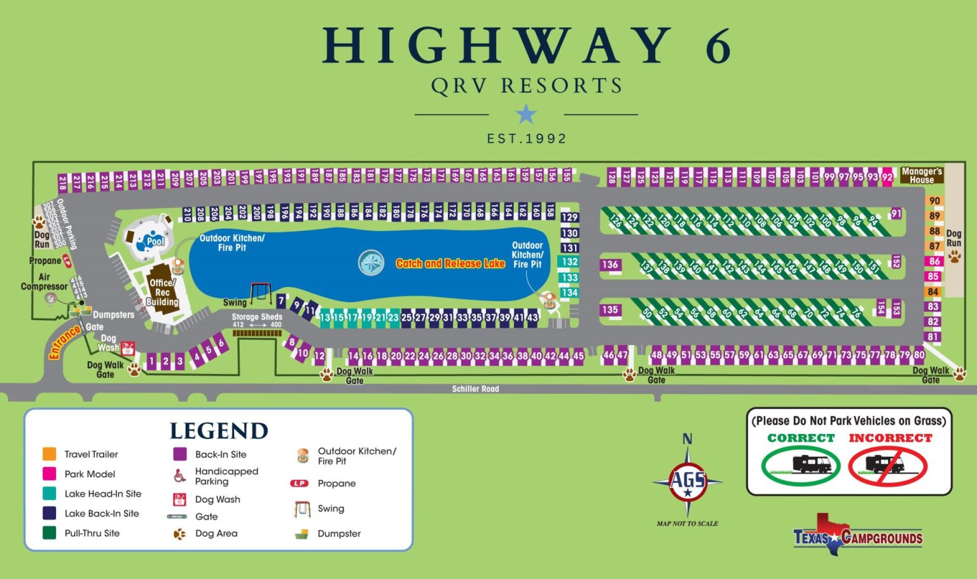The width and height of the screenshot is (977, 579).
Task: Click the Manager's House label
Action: point(921,176)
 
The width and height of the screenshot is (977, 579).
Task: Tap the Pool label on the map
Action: point(155,241)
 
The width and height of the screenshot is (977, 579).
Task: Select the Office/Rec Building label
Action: point(162,293)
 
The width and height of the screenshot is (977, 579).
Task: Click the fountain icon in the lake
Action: point(371,263)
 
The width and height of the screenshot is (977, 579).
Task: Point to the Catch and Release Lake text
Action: point(450,263)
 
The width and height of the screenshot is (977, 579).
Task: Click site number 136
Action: point(610,265)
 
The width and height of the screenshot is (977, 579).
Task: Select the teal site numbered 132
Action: point(569,262)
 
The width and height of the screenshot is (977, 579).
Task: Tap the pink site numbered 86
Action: point(933,262)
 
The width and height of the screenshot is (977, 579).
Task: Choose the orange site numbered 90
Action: point(934,201)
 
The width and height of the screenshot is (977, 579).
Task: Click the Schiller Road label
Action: point(475,389)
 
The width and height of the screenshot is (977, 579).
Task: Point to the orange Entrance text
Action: point(65,342)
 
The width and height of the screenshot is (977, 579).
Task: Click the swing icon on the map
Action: point(260,293)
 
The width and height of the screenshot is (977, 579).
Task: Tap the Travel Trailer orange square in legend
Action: point(50,454)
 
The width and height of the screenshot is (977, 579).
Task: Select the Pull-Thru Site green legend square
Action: point(50,533)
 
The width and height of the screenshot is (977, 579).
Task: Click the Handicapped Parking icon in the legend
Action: point(180,475)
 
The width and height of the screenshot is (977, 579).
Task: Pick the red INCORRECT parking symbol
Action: point(888,465)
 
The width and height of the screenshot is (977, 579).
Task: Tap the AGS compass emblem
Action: point(688,481)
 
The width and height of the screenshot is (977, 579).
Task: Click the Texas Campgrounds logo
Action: point(857,536)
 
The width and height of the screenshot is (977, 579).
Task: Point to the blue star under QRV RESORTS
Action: point(526,115)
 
